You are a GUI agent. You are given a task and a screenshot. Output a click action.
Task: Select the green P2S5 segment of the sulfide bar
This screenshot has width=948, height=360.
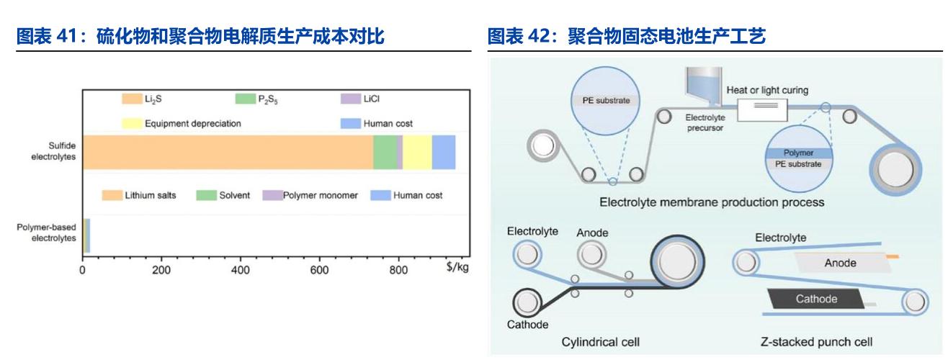point(385,152)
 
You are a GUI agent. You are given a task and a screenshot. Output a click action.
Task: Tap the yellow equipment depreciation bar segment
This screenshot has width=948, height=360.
point(417,152)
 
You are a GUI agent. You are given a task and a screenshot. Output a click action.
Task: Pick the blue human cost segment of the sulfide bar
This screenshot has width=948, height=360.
point(443,152)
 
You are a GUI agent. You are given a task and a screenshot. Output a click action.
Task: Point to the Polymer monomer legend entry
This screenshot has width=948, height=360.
point(310,195)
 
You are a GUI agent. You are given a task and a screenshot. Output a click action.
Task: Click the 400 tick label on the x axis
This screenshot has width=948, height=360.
point(241,270)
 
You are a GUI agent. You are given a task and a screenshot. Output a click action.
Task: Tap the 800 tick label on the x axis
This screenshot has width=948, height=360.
point(398,270)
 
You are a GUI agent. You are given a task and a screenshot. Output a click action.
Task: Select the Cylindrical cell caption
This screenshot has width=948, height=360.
point(601,341)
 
